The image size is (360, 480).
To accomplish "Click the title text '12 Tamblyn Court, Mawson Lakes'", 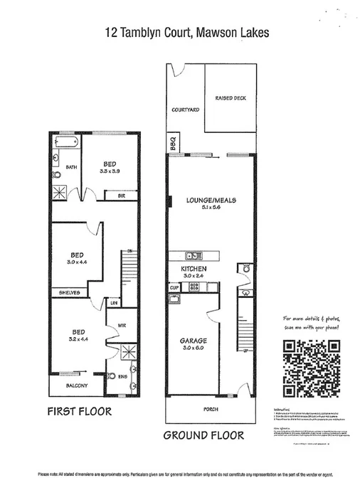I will [x=179, y=32].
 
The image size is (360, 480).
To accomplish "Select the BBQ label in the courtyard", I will [x=171, y=141].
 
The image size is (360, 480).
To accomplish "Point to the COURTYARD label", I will [x=185, y=110].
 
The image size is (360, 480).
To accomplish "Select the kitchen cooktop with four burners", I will [x=193, y=287].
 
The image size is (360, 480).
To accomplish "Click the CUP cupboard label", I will [x=173, y=287].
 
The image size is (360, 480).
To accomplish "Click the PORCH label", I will [x=209, y=408].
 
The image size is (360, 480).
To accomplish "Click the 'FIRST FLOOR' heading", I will [x=80, y=411].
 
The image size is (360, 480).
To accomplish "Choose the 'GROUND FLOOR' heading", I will [x=203, y=435].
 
